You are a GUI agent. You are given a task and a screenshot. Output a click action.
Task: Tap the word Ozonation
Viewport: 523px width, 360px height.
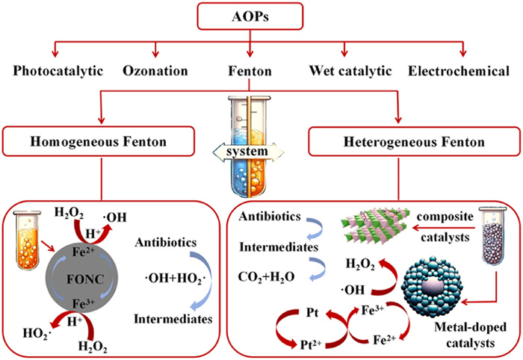[x=155, y=72]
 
